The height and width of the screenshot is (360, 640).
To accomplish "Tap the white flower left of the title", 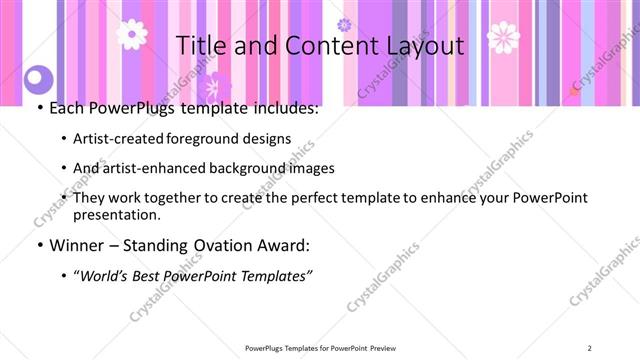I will [131, 34].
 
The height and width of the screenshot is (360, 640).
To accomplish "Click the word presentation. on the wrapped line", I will [117, 214].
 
